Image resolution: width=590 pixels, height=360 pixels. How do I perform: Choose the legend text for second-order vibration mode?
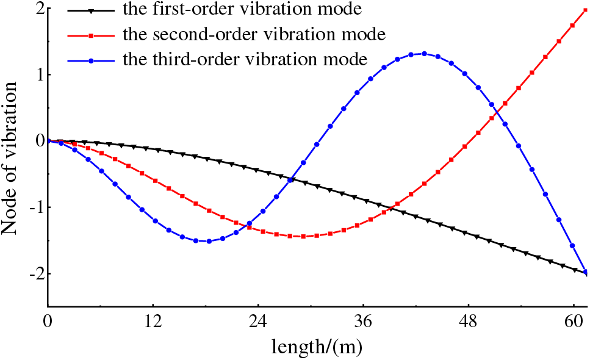254,34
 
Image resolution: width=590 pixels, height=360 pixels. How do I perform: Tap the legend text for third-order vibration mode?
245,59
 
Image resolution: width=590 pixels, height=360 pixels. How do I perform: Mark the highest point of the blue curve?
424,54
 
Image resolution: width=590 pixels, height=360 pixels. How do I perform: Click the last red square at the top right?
586,10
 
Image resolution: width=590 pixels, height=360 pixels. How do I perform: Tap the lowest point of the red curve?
303,236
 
